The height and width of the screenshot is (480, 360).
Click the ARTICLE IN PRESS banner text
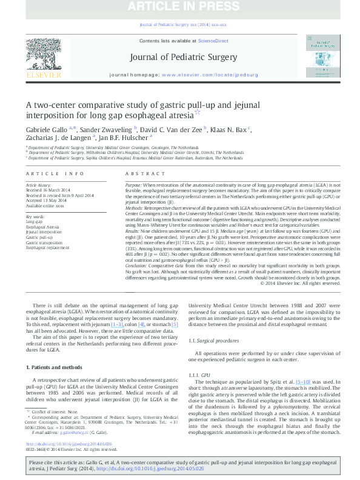[181, 7]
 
